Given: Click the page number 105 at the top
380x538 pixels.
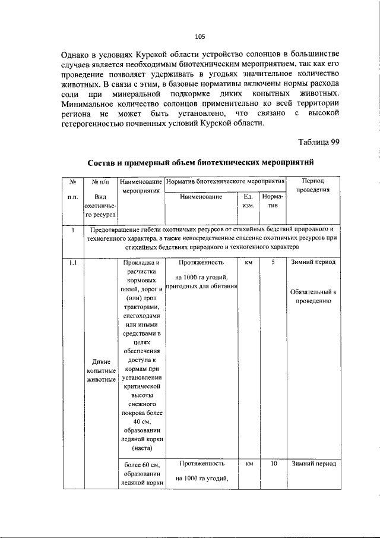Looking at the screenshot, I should [x=200, y=37].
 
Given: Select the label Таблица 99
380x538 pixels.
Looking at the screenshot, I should [x=318, y=140].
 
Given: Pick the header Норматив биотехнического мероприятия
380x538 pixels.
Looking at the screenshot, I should [x=226, y=180].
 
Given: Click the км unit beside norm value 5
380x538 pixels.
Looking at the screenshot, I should [x=248, y=262].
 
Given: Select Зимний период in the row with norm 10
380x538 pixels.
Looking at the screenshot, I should [x=313, y=464].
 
